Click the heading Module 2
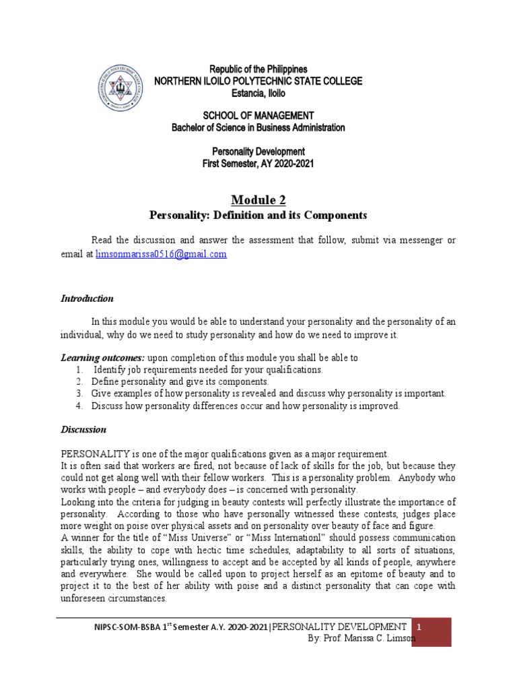(258, 199)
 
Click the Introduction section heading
(88, 299)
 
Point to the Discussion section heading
(83, 429)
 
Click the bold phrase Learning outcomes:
(103, 357)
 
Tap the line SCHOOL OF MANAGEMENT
(258, 116)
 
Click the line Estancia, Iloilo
(258, 92)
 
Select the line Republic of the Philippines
(258, 69)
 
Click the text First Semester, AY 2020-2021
(258, 164)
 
